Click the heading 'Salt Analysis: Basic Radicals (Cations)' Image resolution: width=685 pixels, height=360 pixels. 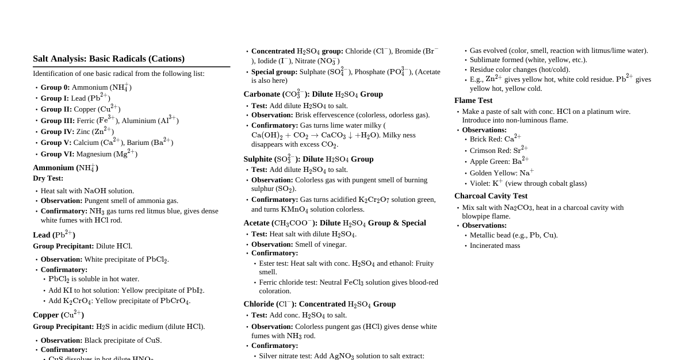point(109,59)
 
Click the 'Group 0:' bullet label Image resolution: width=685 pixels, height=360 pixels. point(55,87)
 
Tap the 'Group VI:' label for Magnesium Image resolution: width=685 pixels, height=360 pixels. point(57,154)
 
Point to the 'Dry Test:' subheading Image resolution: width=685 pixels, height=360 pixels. point(48,178)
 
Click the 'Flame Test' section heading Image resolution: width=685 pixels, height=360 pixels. point(473,101)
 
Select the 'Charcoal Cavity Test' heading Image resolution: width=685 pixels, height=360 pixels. point(491,196)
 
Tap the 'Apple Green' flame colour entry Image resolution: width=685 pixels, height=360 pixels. point(489,162)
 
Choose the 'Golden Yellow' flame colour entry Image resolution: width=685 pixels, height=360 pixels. point(492,173)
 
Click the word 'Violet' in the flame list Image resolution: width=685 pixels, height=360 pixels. point(480,183)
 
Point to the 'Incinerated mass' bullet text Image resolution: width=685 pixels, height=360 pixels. point(495,246)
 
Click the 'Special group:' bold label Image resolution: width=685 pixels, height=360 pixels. point(274,72)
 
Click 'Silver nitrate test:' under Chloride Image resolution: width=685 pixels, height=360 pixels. point(285,356)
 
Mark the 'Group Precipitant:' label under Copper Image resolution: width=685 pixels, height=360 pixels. point(63,327)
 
